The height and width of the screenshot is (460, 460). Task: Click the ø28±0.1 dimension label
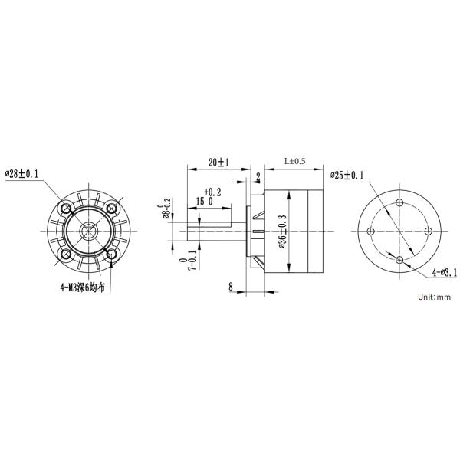click(x=21, y=174)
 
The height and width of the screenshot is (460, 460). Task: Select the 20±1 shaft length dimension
click(x=219, y=163)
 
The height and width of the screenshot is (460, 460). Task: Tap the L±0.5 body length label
click(x=295, y=161)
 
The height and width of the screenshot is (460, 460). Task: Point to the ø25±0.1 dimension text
click(x=347, y=176)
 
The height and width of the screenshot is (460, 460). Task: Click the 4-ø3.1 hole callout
click(x=445, y=273)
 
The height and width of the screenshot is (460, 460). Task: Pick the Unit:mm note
click(x=434, y=297)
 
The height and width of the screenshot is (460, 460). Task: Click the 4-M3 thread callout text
click(x=83, y=287)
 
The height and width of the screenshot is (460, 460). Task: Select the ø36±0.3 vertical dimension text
click(x=282, y=232)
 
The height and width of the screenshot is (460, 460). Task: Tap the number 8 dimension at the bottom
click(x=231, y=287)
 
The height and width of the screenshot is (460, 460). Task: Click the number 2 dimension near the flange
click(x=258, y=177)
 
